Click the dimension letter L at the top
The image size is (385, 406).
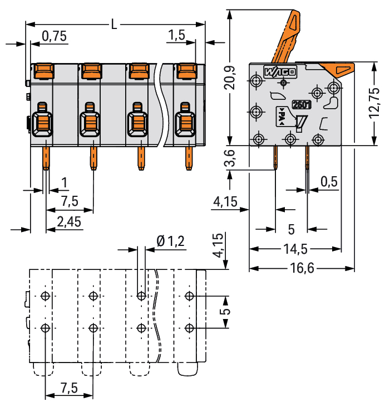pos(114,25)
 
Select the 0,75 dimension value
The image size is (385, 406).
pos(54,36)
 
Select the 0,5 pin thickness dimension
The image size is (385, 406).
pos(329,181)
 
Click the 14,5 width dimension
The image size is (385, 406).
pos(294,249)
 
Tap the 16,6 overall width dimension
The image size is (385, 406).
pos(302,268)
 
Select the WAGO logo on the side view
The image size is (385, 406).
pos(280,72)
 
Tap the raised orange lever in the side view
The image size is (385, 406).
pos(287,39)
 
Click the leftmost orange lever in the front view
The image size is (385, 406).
pos(43,71)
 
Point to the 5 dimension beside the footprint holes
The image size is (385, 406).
pos(226,311)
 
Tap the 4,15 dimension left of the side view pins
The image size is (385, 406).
pos(225,202)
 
